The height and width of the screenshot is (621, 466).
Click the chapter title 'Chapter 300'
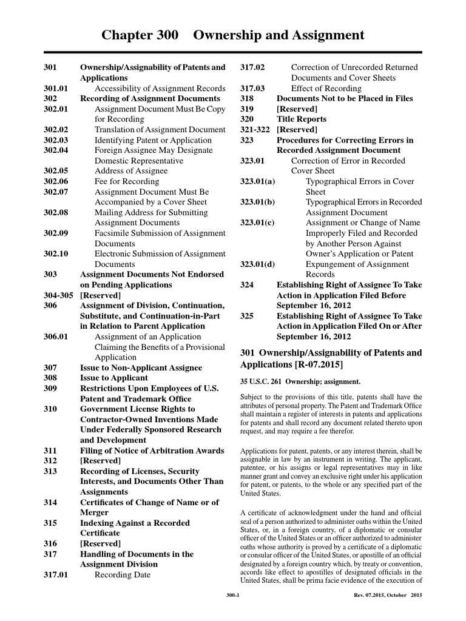(140, 35)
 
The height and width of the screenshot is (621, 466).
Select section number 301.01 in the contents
(55, 88)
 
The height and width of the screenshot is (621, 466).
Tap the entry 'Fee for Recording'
(127, 181)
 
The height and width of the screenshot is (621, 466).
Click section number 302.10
(56, 253)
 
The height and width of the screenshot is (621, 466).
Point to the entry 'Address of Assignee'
(131, 171)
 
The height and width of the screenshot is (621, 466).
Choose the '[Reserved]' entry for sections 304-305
(101, 295)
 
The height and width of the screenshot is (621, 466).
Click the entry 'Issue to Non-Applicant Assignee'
(141, 368)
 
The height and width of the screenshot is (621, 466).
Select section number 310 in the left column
(50, 409)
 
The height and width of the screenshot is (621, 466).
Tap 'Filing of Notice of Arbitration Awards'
(152, 451)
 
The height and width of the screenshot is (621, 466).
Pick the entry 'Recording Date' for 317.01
(123, 574)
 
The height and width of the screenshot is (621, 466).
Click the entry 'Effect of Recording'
(326, 88)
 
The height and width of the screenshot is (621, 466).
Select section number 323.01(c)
(257, 223)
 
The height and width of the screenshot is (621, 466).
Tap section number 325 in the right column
(247, 316)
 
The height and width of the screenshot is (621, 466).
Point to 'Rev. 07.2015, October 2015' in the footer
(388, 596)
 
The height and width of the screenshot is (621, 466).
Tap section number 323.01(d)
(257, 264)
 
